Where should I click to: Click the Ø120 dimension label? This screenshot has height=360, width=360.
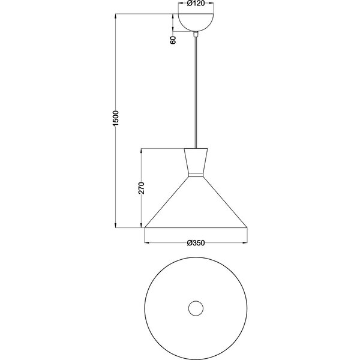coord(196,4)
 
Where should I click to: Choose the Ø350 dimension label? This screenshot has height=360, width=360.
coord(196,243)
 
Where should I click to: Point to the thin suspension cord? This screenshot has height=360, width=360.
coord(196,90)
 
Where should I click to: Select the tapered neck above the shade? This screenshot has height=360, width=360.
coord(196,160)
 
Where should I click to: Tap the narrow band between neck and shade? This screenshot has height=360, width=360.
coord(196,175)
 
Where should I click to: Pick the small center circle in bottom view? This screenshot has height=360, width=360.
coord(196,309)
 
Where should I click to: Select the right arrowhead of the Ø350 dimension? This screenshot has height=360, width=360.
coord(245,243)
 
